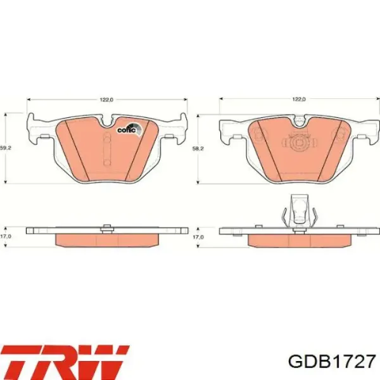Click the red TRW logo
(x=64, y=362)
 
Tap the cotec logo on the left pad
(x=129, y=129)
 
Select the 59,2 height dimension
(x=6, y=148)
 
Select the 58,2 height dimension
(x=198, y=148)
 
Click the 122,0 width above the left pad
(x=106, y=99)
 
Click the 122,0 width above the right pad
(x=299, y=99)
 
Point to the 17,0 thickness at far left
(x=6, y=237)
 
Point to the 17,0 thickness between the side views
(x=198, y=237)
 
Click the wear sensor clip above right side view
(x=300, y=210)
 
